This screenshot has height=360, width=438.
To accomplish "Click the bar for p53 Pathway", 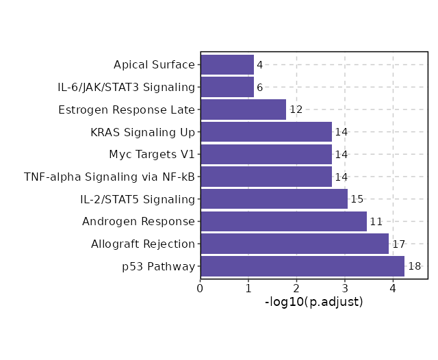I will pyautogui.click(x=302, y=266).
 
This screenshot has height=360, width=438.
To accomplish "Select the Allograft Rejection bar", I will pyautogui.click(x=294, y=244).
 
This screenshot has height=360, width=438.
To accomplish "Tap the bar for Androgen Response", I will pyautogui.click(x=283, y=222).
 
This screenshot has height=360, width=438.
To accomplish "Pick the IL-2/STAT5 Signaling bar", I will pyautogui.click(x=274, y=199).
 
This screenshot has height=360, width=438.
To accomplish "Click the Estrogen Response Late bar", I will pyautogui.click(x=243, y=110).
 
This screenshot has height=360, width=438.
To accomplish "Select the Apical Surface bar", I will pyautogui.click(x=227, y=65).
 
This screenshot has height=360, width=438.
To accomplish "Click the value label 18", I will pyautogui.click(x=414, y=266).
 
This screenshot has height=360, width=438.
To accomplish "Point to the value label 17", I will pyautogui.click(x=399, y=244).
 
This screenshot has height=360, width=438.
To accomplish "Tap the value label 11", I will pyautogui.click(x=376, y=222).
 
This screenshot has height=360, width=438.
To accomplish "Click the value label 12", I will pyautogui.click(x=296, y=110).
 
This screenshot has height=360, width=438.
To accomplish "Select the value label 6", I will pyautogui.click(x=259, y=88).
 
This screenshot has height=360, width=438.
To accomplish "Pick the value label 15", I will pyautogui.click(x=357, y=199).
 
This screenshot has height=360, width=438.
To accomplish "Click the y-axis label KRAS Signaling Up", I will pyautogui.click(x=142, y=132).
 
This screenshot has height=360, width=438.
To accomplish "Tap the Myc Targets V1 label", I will pyautogui.click(x=152, y=155).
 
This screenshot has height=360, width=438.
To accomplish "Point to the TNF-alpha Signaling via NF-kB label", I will pyautogui.click(x=109, y=177).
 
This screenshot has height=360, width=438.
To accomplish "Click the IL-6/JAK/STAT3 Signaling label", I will pyautogui.click(x=127, y=88).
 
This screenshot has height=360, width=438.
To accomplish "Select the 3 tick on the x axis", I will pyautogui.click(x=345, y=288).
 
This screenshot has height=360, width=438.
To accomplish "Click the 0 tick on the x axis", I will pyautogui.click(x=201, y=288).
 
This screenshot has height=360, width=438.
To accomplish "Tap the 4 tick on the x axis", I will pyautogui.click(x=393, y=288).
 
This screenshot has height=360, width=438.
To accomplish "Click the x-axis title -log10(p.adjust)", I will pyautogui.click(x=313, y=302).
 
